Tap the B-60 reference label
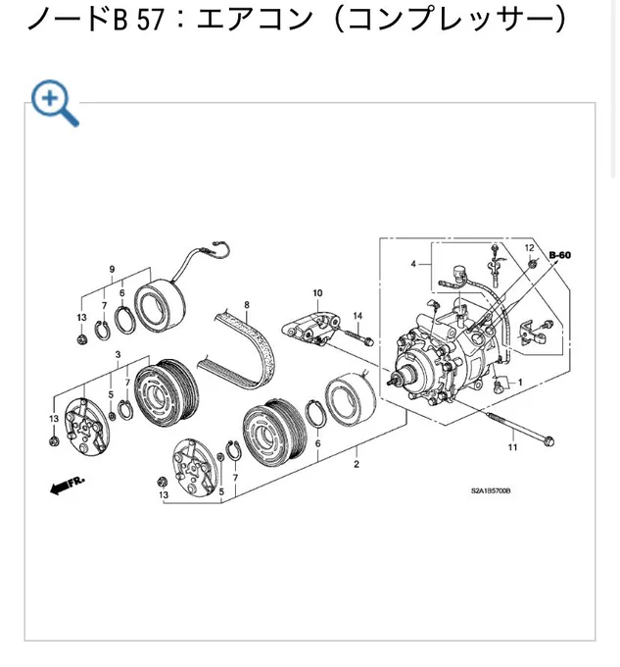[x=559, y=255]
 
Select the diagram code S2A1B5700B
[x=491, y=490]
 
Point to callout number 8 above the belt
[x=247, y=305]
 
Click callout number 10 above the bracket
[x=317, y=292]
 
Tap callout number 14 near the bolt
[x=358, y=316]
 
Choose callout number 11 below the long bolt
[x=512, y=447]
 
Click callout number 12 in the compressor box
[x=529, y=247]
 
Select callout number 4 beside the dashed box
[x=413, y=264]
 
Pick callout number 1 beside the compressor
[x=520, y=382]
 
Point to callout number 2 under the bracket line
[x=357, y=464]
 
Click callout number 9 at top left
[x=112, y=269]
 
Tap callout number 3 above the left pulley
[x=118, y=354]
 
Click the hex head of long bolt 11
[x=548, y=441]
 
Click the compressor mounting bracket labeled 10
[x=312, y=328]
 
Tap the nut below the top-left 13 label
[x=80, y=339]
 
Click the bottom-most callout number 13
[x=164, y=494]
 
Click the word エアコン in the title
[x=255, y=20]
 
